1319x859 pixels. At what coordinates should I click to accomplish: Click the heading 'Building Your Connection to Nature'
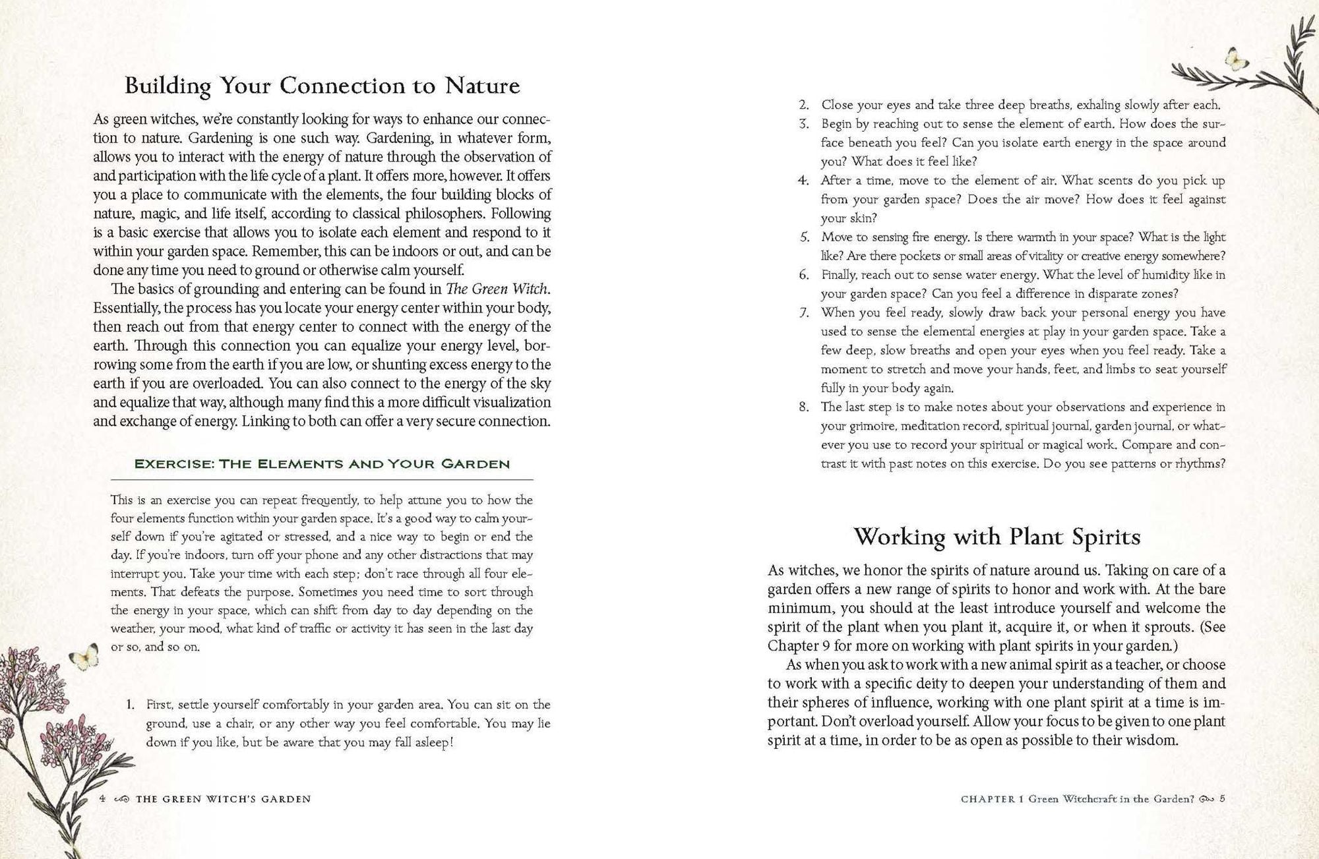click(322, 86)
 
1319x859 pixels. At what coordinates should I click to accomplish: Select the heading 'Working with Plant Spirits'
click(997, 537)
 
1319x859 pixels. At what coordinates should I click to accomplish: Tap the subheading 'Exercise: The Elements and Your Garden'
click(322, 464)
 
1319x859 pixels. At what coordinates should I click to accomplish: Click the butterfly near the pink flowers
click(84, 657)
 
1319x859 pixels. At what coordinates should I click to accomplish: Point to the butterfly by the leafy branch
click(1236, 60)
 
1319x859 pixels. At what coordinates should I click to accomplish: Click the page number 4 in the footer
click(102, 799)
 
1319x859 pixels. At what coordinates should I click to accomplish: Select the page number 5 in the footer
click(1222, 799)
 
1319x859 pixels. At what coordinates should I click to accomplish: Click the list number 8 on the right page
click(803, 407)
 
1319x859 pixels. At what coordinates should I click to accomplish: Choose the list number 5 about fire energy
click(804, 237)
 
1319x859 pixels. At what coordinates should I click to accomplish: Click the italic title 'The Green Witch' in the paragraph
click(497, 289)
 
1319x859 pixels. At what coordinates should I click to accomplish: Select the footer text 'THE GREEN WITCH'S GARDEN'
click(223, 799)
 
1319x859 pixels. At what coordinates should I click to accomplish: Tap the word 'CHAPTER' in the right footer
click(988, 799)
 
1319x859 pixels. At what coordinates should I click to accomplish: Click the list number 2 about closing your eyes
click(803, 105)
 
